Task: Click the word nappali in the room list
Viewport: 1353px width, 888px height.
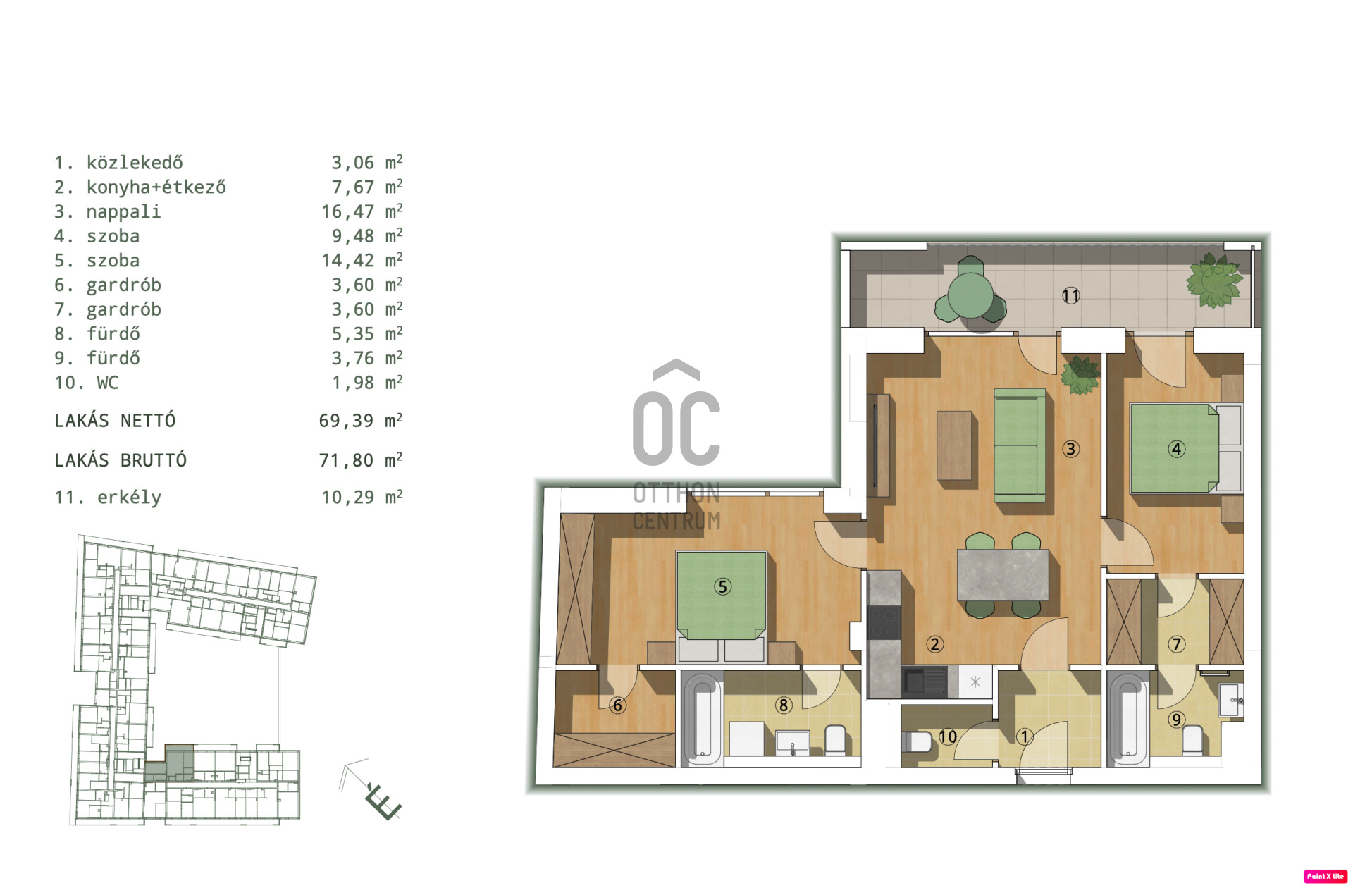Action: click(123, 212)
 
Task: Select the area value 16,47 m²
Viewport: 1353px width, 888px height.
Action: click(362, 211)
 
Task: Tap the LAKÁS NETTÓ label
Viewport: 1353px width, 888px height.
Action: click(115, 421)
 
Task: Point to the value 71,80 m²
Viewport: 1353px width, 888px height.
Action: click(361, 460)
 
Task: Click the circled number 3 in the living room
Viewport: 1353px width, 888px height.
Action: click(1070, 449)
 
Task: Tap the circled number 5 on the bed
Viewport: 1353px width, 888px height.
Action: click(722, 586)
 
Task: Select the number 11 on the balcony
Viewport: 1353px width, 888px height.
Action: click(1070, 296)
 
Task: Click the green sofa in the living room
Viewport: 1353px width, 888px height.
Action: click(1020, 445)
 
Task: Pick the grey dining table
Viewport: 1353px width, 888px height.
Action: click(1003, 575)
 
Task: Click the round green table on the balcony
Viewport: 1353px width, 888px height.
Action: click(970, 295)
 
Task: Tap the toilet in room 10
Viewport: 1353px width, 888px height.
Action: click(917, 741)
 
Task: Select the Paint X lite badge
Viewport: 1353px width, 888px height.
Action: click(1325, 876)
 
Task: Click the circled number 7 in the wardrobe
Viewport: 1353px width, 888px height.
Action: click(1176, 643)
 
